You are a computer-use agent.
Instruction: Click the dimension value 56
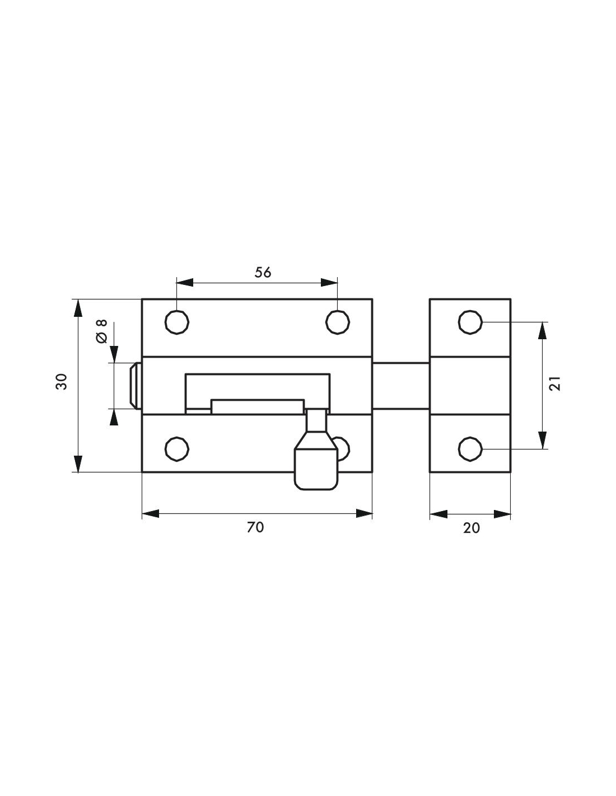tap(263, 272)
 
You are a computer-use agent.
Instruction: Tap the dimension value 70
tap(255, 527)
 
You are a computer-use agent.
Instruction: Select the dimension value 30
tap(62, 382)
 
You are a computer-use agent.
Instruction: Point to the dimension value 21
tap(555, 383)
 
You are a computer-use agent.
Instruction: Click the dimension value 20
tap(472, 528)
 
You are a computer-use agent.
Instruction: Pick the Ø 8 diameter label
tap(101, 331)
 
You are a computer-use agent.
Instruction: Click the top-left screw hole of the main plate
tap(176, 322)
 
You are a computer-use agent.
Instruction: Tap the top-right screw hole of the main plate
tap(338, 322)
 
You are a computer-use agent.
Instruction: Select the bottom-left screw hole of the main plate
tap(176, 449)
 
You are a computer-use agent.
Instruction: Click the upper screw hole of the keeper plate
tap(470, 322)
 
